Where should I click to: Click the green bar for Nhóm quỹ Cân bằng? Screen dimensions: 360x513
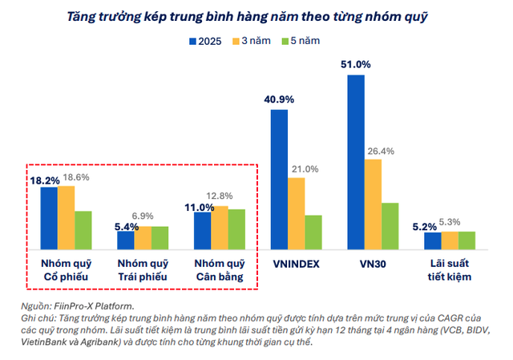(236, 228)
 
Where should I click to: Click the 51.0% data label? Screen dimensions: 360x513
(356, 63)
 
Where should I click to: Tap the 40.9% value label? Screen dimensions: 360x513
(279, 99)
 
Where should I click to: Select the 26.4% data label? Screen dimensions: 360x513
(381, 151)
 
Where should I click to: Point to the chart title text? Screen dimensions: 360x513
(256, 14)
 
